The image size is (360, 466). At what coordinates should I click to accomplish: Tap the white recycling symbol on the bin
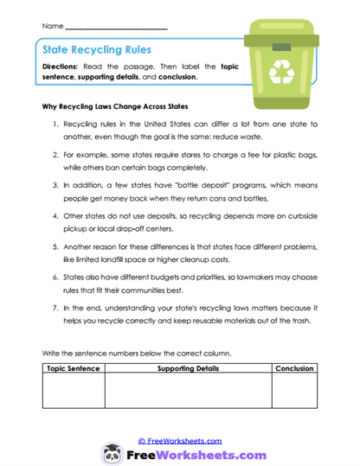point(282,74)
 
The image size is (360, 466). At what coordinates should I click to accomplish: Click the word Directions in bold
point(68,66)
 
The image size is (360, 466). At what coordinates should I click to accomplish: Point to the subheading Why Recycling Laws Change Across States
point(115,108)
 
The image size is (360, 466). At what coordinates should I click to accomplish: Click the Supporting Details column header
point(188,368)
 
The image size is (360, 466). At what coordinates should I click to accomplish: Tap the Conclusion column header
point(296,368)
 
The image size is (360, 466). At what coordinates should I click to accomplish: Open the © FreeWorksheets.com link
point(180,440)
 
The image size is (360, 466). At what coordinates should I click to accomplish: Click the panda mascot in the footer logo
point(112,454)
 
